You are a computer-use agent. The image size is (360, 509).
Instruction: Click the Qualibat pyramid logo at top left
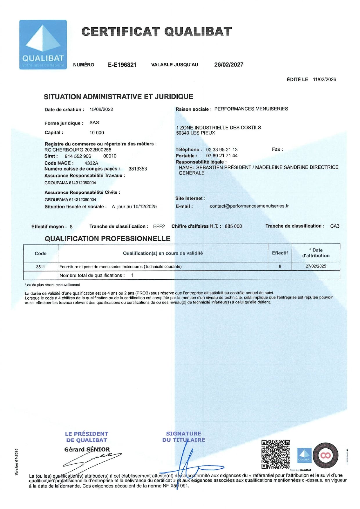point(43,44)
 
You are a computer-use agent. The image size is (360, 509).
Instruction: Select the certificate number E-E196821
point(122,65)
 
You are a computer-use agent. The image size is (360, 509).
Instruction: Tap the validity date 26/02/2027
point(229,64)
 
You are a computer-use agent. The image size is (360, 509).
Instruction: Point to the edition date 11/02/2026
point(324,80)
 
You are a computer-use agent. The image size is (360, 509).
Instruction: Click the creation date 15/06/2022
point(101,109)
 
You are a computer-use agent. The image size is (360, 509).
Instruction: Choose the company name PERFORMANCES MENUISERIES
point(251,109)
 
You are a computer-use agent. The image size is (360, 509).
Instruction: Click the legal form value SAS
point(94,123)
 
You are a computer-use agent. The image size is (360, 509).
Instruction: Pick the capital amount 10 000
point(97,133)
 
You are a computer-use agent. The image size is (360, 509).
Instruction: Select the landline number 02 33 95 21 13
point(222,150)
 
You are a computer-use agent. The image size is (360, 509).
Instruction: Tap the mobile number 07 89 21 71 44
point(222,156)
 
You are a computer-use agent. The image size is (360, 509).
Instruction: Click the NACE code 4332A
point(91,163)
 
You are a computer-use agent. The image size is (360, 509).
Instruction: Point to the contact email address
point(249,206)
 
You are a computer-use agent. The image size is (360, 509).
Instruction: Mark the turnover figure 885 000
point(233,226)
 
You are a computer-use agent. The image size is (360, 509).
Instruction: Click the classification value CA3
point(335,226)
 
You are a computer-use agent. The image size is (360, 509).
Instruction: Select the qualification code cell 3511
point(40,267)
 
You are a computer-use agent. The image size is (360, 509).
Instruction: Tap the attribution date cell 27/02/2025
point(316,266)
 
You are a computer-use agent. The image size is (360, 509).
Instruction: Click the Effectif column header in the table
point(280,253)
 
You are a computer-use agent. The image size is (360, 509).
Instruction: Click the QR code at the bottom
point(276,454)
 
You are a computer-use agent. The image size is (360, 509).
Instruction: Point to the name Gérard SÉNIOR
point(87,449)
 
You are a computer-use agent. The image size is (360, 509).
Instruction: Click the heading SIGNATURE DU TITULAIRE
point(183,437)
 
